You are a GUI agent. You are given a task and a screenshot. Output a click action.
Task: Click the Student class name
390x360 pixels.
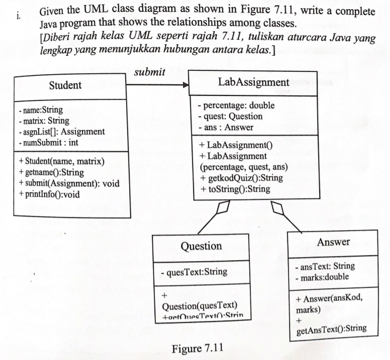point(65,86)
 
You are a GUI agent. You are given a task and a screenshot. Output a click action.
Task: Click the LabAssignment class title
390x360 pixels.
point(254,82)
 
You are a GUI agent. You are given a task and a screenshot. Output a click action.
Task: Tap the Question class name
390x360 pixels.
point(201,246)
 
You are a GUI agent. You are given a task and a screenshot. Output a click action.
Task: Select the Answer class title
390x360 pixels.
point(334,242)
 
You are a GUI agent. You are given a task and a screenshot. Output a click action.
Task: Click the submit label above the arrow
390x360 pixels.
point(150,73)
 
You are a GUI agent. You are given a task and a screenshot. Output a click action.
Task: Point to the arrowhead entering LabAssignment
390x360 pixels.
point(185,85)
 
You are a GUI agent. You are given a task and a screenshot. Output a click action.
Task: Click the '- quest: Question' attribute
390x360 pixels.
point(230,116)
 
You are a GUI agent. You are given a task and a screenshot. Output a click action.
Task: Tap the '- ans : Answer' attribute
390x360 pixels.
point(226,127)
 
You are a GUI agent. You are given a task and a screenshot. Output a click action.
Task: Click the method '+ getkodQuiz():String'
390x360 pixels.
point(241,178)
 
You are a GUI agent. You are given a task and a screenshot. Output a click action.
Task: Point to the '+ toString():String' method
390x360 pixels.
point(235,189)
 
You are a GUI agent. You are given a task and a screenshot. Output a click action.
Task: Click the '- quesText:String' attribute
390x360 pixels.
point(193,273)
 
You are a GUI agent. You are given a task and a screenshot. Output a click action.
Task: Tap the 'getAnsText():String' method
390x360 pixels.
point(331,329)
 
